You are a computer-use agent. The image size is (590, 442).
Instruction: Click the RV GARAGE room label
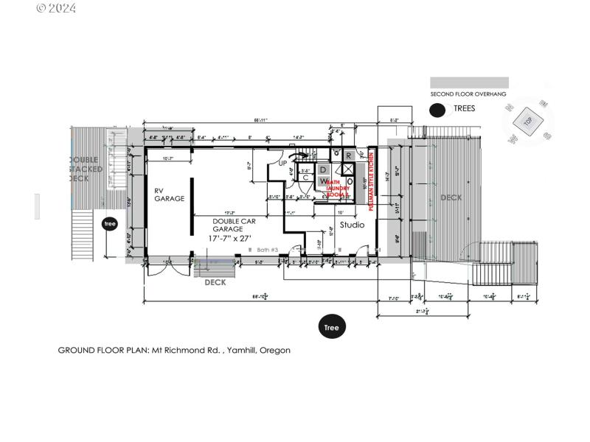click(169, 194)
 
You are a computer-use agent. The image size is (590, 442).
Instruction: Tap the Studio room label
click(352, 225)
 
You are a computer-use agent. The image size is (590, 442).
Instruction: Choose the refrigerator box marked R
click(348, 155)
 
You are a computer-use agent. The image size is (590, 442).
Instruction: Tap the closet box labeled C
click(305, 177)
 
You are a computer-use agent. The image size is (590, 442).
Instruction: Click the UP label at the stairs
click(282, 163)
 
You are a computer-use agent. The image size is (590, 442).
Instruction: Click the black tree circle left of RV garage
click(110, 224)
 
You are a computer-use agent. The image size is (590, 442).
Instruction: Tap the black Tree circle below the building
click(332, 328)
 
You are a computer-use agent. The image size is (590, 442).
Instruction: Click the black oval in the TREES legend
click(438, 110)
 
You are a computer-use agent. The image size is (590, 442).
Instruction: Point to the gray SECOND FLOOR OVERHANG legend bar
click(469, 83)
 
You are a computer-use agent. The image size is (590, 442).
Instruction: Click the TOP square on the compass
click(528, 120)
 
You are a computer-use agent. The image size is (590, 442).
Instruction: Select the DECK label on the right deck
click(451, 197)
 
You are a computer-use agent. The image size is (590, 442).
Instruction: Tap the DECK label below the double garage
click(215, 282)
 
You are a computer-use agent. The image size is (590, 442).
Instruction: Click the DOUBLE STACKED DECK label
click(89, 169)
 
